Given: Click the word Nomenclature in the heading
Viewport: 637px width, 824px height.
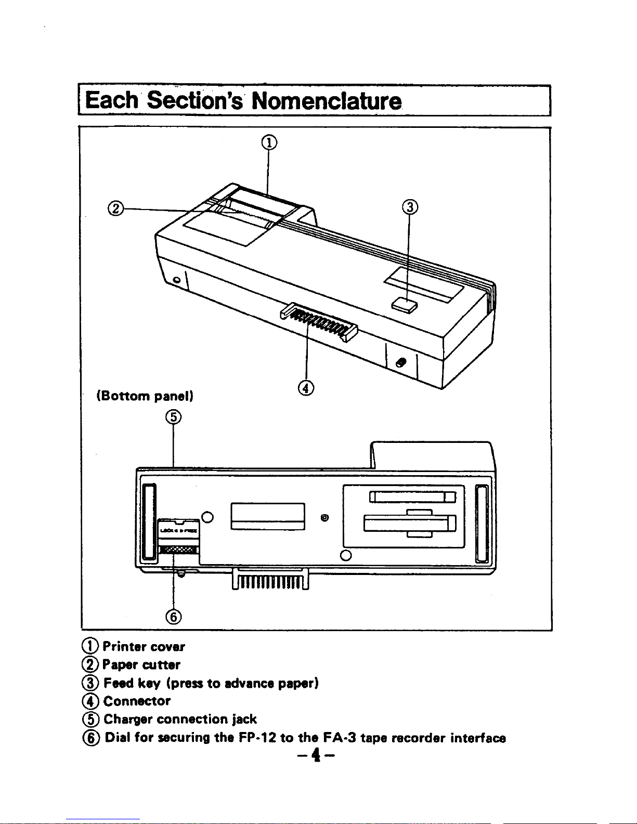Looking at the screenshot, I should [x=327, y=100].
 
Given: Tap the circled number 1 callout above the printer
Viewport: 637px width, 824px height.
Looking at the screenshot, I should [x=268, y=141].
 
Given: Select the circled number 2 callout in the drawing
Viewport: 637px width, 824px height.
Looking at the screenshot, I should [x=115, y=208].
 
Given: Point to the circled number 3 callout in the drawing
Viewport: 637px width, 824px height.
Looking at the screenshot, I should [x=410, y=207].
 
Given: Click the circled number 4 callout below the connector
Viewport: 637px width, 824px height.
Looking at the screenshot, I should [x=307, y=387].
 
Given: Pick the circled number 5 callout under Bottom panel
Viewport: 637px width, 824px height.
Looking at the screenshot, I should [x=173, y=416].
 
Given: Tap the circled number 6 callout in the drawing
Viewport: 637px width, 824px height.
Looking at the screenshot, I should [x=173, y=617].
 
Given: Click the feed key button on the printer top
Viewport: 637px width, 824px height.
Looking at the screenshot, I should [x=406, y=305].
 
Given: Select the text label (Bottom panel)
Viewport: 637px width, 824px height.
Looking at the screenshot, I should [x=145, y=396].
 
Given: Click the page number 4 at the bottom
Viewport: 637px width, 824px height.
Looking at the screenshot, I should [x=314, y=754].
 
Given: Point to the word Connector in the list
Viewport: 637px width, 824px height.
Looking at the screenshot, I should [x=137, y=701].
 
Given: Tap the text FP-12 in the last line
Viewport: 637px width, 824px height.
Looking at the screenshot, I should [x=257, y=737].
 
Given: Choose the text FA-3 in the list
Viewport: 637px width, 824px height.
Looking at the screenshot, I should [x=340, y=737].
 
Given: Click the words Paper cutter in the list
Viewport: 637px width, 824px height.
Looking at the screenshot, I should [x=141, y=664].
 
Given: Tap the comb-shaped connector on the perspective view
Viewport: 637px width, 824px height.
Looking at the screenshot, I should [x=318, y=321].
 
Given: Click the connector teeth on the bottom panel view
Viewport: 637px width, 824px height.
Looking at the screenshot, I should [x=270, y=580].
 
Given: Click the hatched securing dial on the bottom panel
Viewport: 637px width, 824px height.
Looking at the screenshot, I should [x=178, y=550].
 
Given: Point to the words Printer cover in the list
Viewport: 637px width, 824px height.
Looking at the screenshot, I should [x=143, y=647].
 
